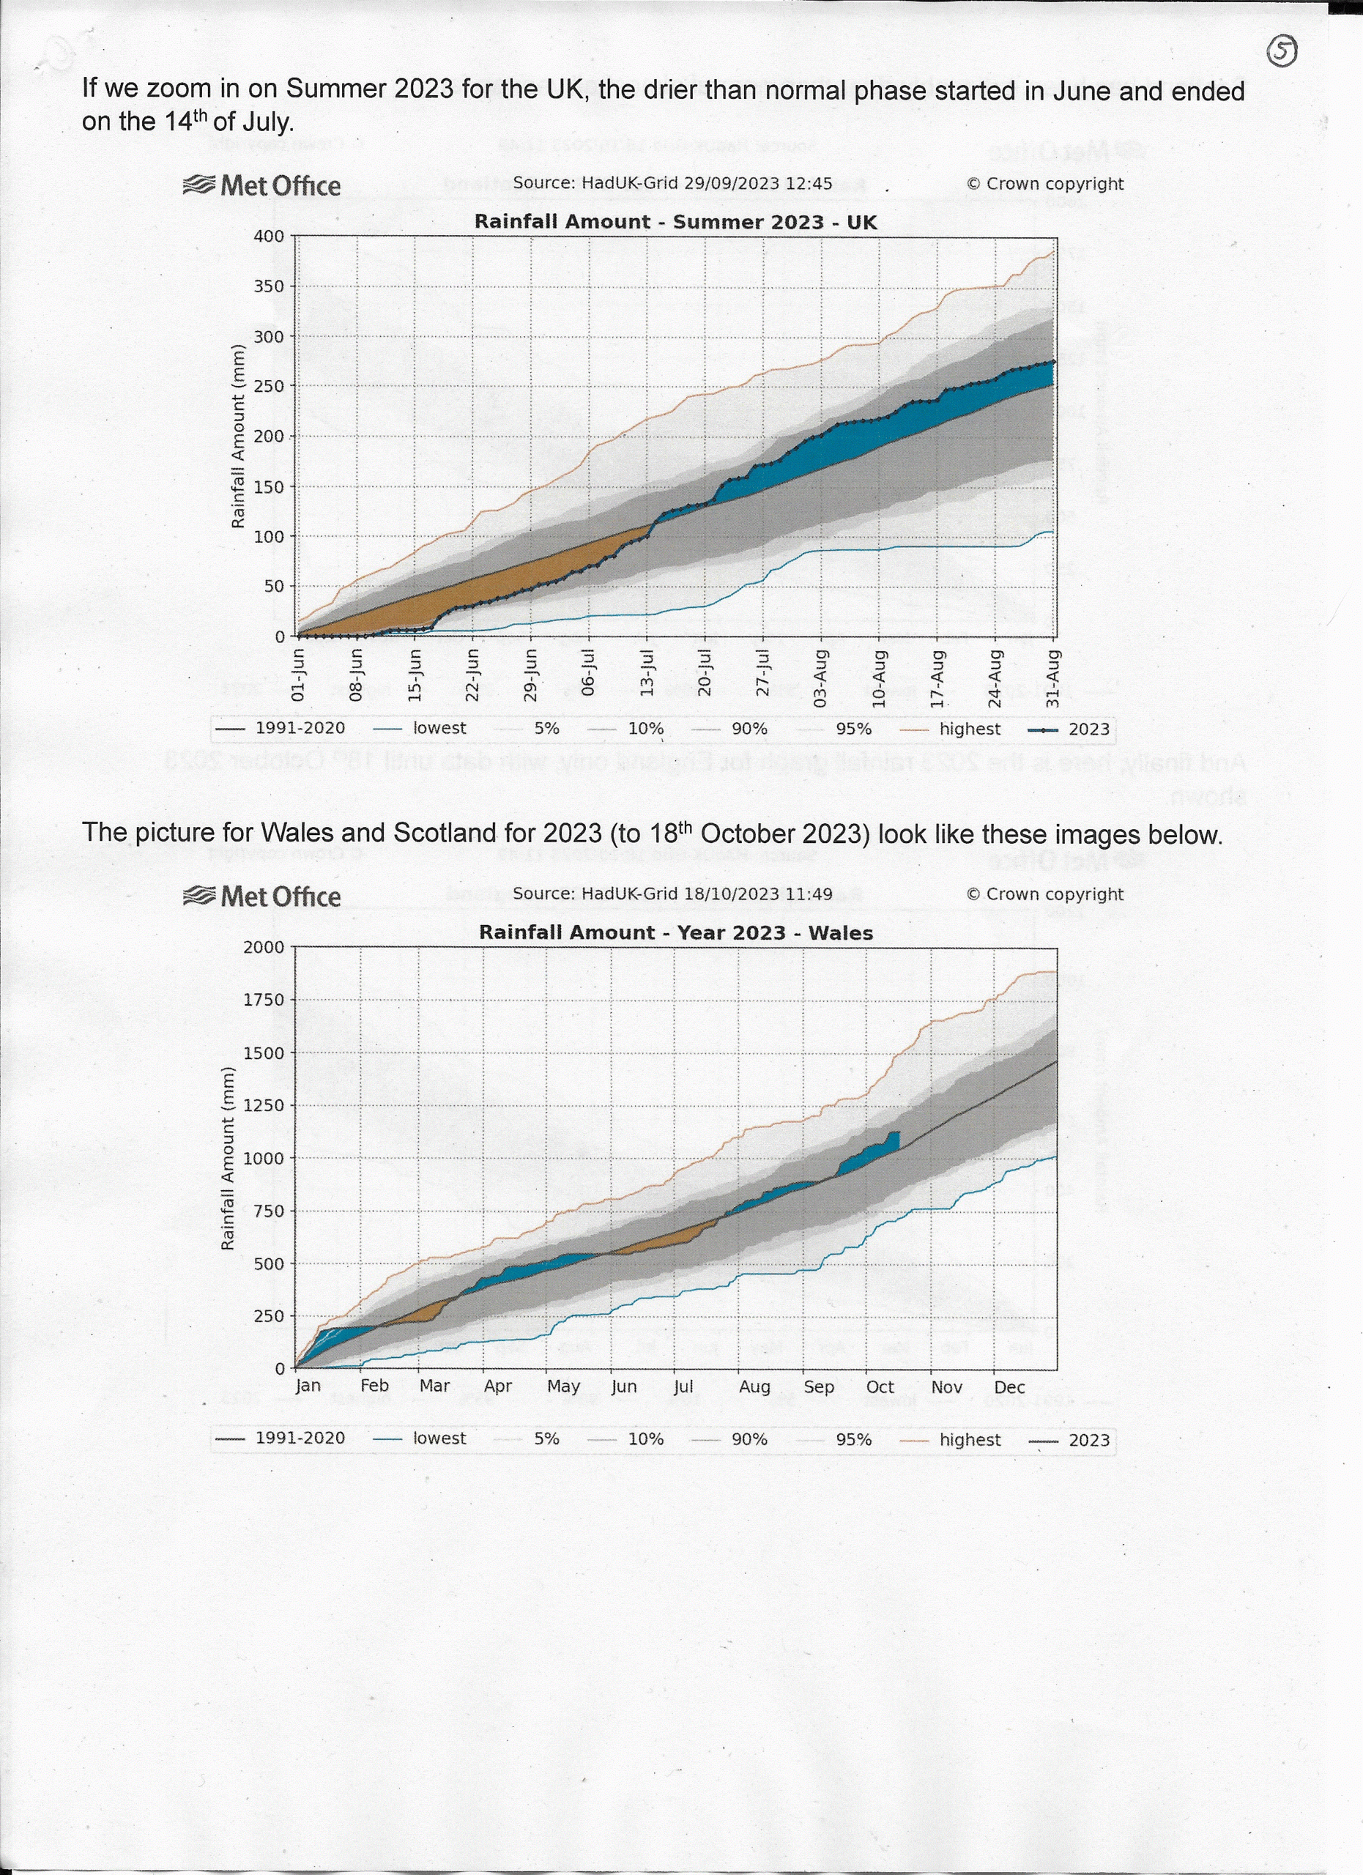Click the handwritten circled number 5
[1281, 52]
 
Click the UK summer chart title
[675, 222]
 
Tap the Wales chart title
[675, 932]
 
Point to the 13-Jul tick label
[647, 675]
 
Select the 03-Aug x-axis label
[821, 678]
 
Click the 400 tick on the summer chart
[269, 237]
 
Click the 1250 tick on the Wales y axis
[263, 1105]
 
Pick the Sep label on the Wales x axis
[818, 1386]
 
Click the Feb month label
[374, 1386]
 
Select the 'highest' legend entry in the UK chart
[969, 728]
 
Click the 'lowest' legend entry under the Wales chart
[439, 1438]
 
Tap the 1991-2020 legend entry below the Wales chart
[300, 1438]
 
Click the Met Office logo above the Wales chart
[261, 896]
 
